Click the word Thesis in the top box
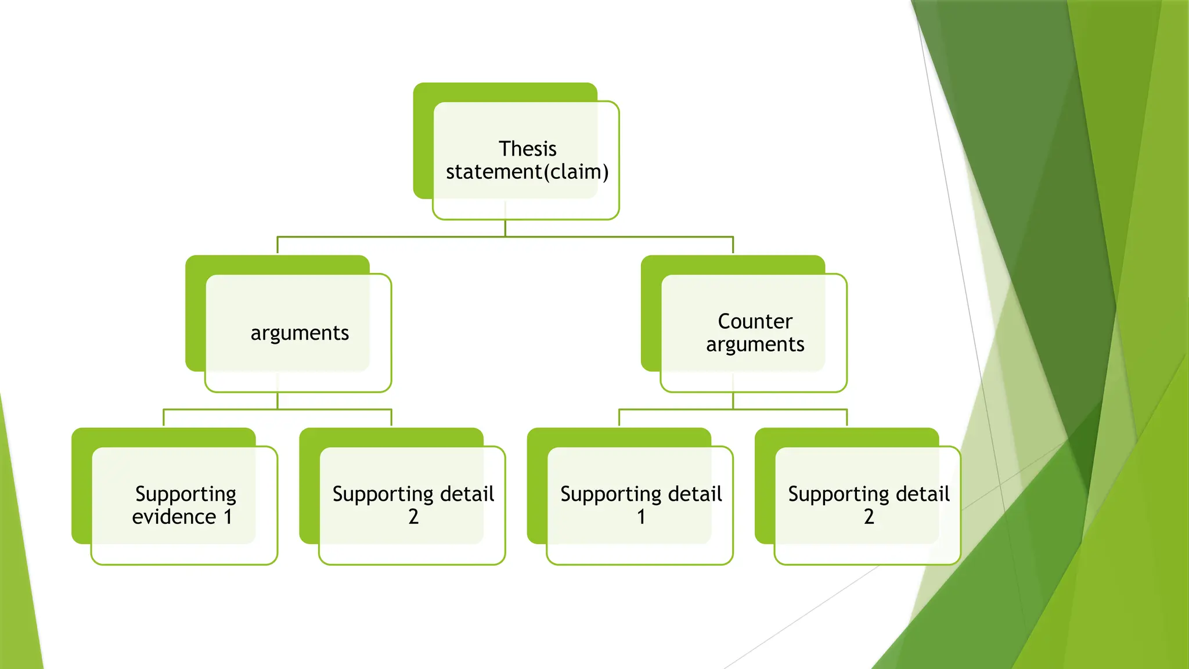click(527, 149)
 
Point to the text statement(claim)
click(527, 172)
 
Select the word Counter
click(755, 322)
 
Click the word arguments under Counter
click(755, 345)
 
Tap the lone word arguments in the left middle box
click(300, 333)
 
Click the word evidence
click(174, 517)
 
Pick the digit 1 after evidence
click(228, 517)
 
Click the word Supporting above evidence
click(186, 494)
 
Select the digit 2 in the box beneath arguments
click(413, 517)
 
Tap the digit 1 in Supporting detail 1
click(641, 517)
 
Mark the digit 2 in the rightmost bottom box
click(869, 517)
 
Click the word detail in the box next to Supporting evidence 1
click(467, 494)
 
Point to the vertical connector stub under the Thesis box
click(505, 228)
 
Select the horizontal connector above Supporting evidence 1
click(221, 409)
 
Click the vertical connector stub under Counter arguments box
click(733, 401)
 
